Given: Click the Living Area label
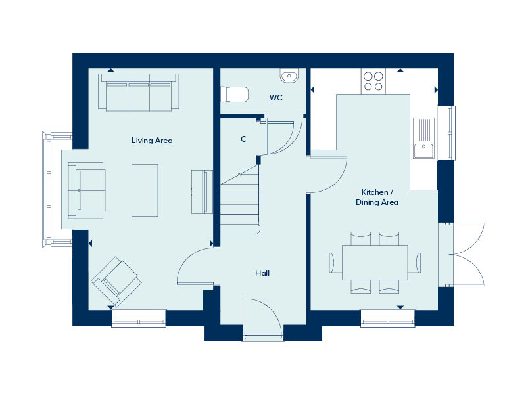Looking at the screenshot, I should pyautogui.click(x=152, y=141).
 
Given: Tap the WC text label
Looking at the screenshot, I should pyautogui.click(x=276, y=98).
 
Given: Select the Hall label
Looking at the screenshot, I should pyautogui.click(x=262, y=273).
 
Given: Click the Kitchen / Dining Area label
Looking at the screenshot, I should pyautogui.click(x=377, y=197).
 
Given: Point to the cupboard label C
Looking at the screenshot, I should pyautogui.click(x=243, y=139).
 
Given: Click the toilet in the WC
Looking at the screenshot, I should pyautogui.click(x=235, y=95).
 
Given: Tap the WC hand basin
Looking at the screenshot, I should pyautogui.click(x=289, y=76).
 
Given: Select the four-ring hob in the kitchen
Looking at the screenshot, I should pyautogui.click(x=373, y=81).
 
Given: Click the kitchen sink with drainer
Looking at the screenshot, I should pyautogui.click(x=424, y=138).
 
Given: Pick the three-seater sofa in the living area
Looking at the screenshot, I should pyautogui.click(x=138, y=92).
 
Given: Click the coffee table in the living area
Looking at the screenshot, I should pyautogui.click(x=145, y=190).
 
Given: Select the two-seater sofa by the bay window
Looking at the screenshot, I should pyautogui.click(x=86, y=190).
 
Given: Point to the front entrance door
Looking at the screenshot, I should pyautogui.click(x=262, y=320).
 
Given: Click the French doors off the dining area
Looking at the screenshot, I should pyautogui.click(x=466, y=254).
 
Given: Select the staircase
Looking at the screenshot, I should pyautogui.click(x=241, y=200).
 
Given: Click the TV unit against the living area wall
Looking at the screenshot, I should pyautogui.click(x=202, y=191).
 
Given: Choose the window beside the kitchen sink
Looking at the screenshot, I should pyautogui.click(x=450, y=133).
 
